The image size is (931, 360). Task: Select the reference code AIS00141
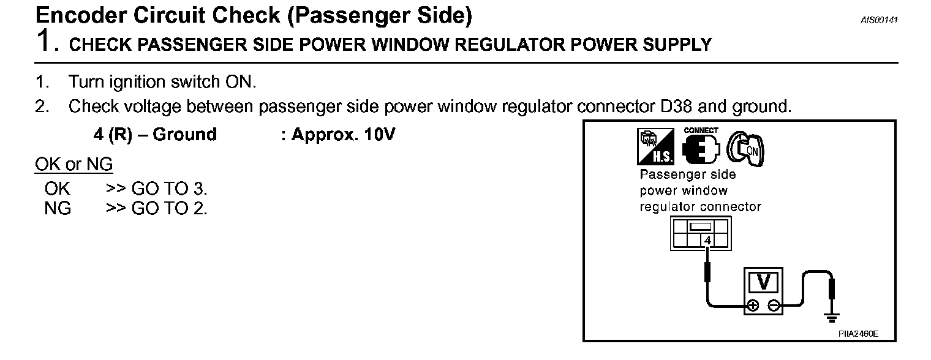(x=879, y=20)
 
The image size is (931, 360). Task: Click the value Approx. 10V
(x=343, y=135)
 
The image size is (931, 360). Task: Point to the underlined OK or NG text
(x=74, y=165)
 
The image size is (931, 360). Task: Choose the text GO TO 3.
(x=170, y=189)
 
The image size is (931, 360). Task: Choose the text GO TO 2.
(x=170, y=209)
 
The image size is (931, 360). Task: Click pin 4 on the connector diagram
(x=708, y=241)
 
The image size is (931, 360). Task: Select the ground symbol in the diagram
(x=831, y=317)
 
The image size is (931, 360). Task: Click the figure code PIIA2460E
(x=858, y=334)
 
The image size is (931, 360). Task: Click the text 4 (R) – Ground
(x=155, y=135)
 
